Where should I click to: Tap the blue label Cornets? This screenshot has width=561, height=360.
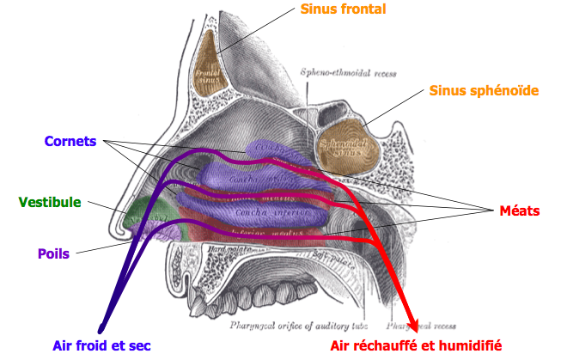(x=71, y=139)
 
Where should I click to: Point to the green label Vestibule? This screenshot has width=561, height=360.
(x=49, y=202)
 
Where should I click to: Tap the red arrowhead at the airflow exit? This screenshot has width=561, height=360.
(x=414, y=326)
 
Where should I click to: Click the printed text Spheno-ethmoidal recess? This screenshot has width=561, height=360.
(x=348, y=74)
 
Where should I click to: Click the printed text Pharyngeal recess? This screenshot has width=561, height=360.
(x=413, y=326)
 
